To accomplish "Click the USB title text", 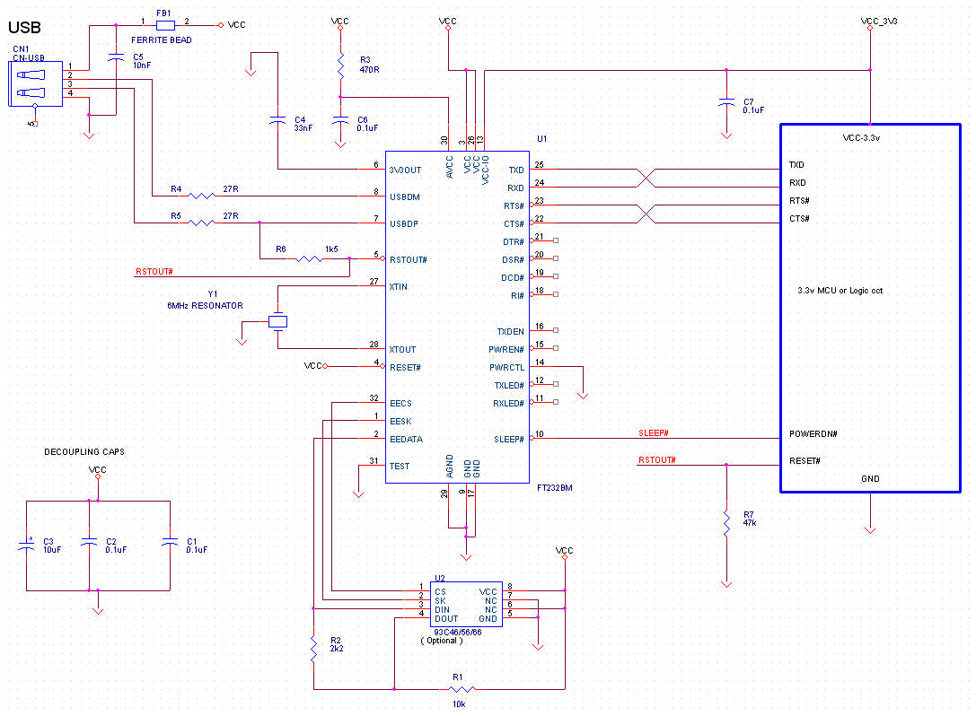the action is pyautogui.click(x=24, y=28).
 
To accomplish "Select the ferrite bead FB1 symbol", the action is pyautogui.click(x=165, y=25).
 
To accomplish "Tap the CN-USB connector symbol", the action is pyautogui.click(x=36, y=84).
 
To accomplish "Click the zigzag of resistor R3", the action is pyautogui.click(x=340, y=65).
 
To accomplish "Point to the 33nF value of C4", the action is pyautogui.click(x=303, y=128).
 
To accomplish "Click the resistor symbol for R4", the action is pyautogui.click(x=201, y=196).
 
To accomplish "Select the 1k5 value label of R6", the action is pyautogui.click(x=331, y=249).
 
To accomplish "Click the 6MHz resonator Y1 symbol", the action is pyautogui.click(x=277, y=321).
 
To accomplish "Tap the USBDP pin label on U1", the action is pyautogui.click(x=404, y=224).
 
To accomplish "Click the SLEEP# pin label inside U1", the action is pyautogui.click(x=509, y=439).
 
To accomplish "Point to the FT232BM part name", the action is pyautogui.click(x=555, y=488).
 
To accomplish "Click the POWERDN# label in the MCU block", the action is pyautogui.click(x=813, y=433).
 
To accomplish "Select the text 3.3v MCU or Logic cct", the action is pyautogui.click(x=840, y=291).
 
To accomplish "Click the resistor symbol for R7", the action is pyautogui.click(x=726, y=523).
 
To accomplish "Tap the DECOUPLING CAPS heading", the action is pyautogui.click(x=84, y=451).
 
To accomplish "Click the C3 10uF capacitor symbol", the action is pyautogui.click(x=27, y=546).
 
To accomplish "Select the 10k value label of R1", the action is pyautogui.click(x=459, y=704).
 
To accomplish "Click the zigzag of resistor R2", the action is pyautogui.click(x=313, y=649).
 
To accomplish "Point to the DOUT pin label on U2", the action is pyautogui.click(x=446, y=619).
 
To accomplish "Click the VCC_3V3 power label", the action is pyautogui.click(x=879, y=22).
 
